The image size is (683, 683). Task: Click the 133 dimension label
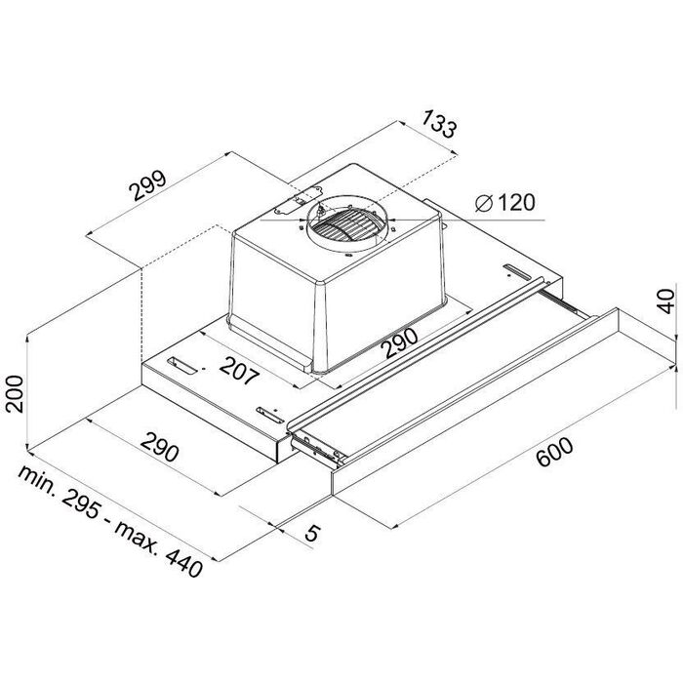(x=439, y=124)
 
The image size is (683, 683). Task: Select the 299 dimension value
(x=148, y=185)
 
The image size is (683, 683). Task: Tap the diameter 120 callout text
(x=505, y=203)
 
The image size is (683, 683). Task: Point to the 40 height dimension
(x=666, y=301)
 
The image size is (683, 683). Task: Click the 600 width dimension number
(x=554, y=452)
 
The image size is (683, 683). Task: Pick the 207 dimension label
(x=239, y=371)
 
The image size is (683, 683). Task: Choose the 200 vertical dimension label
(x=15, y=394)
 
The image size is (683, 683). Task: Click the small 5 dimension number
(x=312, y=533)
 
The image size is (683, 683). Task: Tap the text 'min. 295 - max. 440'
(x=110, y=521)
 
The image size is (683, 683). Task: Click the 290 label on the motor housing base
(x=399, y=342)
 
